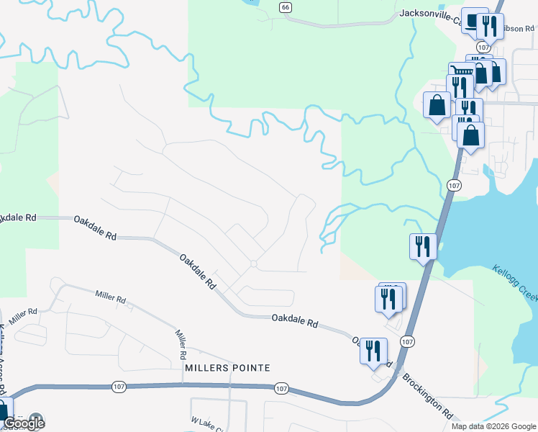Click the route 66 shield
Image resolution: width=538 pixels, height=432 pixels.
(286, 6)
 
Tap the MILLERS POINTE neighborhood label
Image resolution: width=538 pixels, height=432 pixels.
(227, 368)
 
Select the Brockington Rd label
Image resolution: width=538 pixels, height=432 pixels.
(427, 395)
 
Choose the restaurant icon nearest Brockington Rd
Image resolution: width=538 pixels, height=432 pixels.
(373, 351)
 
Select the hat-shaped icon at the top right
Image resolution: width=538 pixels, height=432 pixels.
(473, 22)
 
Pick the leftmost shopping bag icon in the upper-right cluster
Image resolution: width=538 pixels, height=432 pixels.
(437, 106)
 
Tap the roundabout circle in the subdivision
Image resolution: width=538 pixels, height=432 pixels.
(253, 264)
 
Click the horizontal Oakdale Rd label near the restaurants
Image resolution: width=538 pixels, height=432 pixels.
(295, 320)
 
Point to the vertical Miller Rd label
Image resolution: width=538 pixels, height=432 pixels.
(181, 344)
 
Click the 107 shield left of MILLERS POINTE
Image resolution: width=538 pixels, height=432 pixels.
(120, 387)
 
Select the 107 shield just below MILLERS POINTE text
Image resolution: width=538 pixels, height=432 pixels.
(281, 388)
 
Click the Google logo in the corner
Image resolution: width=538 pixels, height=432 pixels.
(23, 423)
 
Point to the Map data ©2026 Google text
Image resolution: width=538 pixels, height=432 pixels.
(493, 426)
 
